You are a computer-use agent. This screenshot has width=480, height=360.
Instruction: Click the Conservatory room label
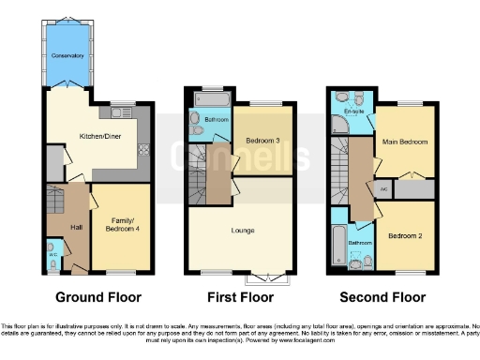(67, 56)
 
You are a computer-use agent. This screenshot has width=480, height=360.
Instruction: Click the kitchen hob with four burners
(143, 151)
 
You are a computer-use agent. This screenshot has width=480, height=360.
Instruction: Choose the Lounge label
(244, 230)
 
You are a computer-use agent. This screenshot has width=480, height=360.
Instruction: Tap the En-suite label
(353, 112)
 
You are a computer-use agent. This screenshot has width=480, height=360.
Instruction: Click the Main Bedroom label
(406, 142)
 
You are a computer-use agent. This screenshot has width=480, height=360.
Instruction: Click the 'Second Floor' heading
(381, 298)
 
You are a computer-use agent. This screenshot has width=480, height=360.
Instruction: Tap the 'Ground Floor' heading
(98, 298)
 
